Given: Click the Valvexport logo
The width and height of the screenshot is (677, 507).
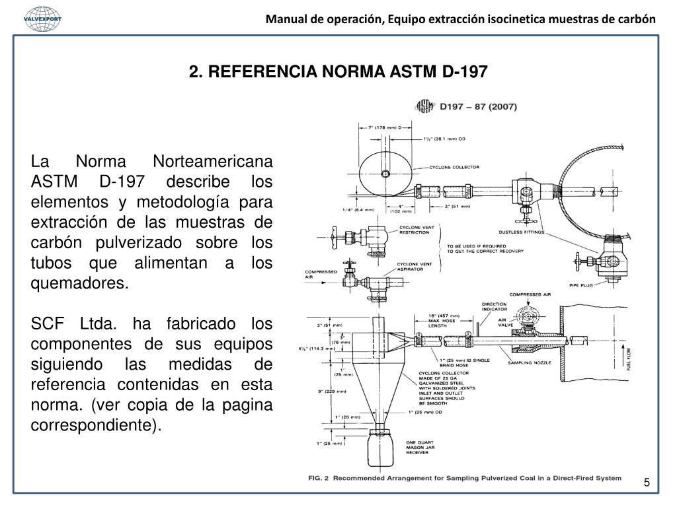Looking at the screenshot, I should tap(42, 18).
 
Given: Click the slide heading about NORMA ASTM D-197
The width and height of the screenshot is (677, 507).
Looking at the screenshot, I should tap(337, 71).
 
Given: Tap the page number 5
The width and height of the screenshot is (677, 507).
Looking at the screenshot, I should tap(647, 483).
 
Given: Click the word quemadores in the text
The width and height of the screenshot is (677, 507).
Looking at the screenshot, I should tap(79, 285).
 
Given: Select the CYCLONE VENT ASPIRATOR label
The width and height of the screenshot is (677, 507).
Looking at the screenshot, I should tap(415, 267).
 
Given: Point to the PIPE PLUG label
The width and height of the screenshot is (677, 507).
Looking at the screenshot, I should tap(581, 285).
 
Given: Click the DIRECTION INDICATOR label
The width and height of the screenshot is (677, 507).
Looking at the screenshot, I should tap(495, 306).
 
